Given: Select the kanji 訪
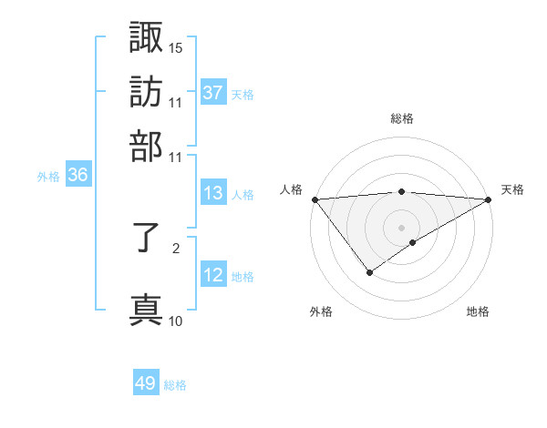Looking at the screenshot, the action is [146, 91].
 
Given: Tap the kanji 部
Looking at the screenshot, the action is [146, 145].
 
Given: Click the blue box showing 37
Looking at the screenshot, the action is [213, 93].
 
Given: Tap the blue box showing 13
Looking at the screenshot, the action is [213, 193].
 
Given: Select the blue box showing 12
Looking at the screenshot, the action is [213, 275].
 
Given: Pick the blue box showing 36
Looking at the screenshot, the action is [77, 176].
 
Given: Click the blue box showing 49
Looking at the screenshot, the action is [146, 383].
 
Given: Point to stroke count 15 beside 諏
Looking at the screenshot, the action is [176, 46].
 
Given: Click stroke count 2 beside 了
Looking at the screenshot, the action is [176, 246].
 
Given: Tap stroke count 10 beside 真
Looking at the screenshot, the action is [176, 321].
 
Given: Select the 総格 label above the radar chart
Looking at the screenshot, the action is [401, 118].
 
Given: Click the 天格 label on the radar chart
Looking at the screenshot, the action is [512, 189].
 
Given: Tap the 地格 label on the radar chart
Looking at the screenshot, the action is [478, 311].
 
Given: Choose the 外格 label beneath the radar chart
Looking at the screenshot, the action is [321, 311].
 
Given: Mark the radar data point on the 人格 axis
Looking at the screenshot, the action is [315, 199].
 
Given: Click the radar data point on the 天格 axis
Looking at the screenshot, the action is [489, 199].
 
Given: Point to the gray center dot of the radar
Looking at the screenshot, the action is [401, 227].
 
